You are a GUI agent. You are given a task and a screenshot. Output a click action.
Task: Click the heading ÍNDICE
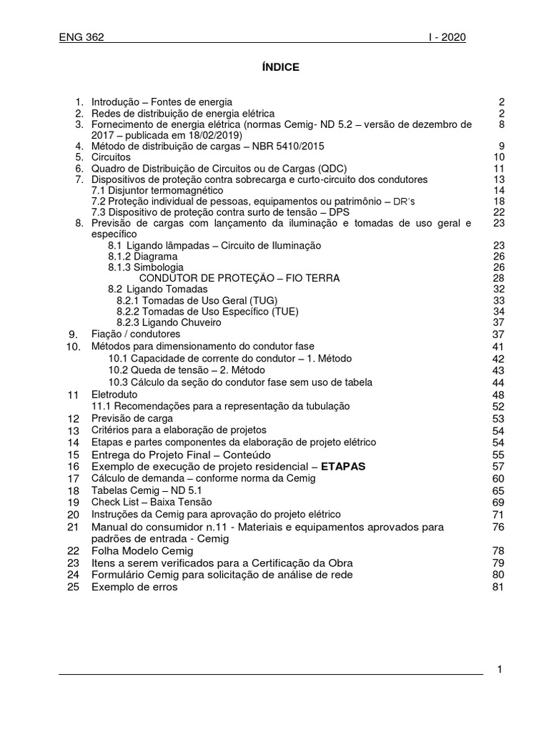coord(275,67)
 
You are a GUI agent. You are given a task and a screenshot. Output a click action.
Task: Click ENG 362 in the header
coord(81,38)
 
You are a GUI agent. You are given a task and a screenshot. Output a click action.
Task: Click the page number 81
coord(498,587)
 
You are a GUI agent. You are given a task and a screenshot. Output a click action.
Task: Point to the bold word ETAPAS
coord(343,466)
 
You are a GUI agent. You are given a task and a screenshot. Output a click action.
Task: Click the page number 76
coord(498,527)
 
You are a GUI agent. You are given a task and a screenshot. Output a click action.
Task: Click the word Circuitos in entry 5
coord(111,157)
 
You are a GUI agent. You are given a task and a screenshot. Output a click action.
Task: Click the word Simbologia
coord(154,267)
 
